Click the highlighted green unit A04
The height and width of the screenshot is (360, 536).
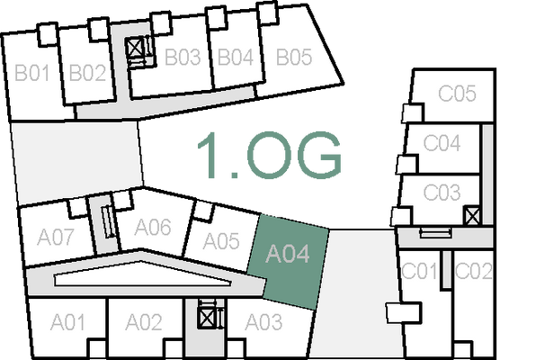pos(288,256)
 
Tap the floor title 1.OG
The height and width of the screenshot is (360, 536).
pos(271,156)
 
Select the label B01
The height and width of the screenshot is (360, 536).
pos(31,73)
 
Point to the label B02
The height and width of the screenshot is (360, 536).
pos(87,73)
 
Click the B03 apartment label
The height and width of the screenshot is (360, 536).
pos(182,58)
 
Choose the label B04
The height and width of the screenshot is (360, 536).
pos(236,58)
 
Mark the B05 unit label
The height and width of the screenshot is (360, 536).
pos(293,58)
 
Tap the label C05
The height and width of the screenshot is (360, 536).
pos(456,93)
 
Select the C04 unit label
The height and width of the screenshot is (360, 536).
pos(442,142)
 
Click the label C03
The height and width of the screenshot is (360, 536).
pos(442,193)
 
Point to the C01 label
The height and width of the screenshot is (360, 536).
pos(419,271)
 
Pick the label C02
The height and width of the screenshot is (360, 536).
pos(473,271)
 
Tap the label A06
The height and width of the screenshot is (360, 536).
pos(152,227)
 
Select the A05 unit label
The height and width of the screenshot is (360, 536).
pos(220,241)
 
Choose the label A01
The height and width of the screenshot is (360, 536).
pos(67,321)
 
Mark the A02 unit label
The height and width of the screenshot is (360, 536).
pos(143,321)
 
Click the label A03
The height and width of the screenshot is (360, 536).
pos(264,321)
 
